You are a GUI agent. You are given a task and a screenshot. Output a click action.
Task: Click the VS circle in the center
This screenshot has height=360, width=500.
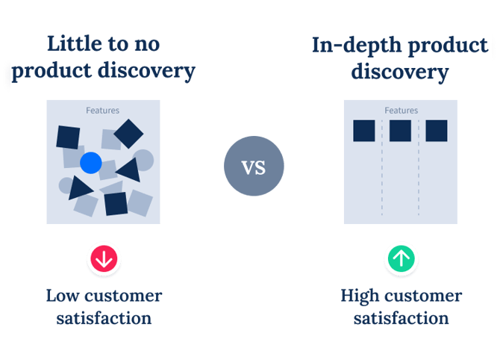click(254, 167)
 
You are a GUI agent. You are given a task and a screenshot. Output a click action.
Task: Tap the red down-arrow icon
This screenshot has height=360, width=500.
click(104, 258)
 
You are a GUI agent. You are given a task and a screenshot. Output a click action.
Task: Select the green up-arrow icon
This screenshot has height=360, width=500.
click(401, 258)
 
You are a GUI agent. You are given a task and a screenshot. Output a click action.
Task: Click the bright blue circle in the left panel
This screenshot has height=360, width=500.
click(90, 162)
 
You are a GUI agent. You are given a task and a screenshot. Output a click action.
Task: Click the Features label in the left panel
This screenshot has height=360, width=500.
click(102, 111)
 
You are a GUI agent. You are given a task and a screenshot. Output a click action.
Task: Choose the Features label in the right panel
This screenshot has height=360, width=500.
click(401, 111)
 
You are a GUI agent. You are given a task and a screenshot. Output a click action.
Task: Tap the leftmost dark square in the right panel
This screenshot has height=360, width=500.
click(364, 131)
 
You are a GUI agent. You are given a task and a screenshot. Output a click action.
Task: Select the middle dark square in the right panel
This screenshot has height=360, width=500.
click(400, 131)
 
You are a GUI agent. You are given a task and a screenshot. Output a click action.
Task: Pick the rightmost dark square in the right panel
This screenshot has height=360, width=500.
click(436, 131)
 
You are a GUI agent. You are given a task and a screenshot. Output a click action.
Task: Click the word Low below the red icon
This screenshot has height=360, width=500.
click(63, 295)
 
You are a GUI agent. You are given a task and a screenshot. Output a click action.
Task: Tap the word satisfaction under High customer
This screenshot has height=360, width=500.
click(401, 318)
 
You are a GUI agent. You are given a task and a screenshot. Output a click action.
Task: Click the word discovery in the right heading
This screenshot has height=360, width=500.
click(400, 72)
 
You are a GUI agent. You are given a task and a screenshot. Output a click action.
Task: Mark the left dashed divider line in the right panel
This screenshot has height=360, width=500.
click(382, 172)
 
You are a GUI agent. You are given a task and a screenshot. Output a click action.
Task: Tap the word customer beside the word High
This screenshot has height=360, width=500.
click(424, 295)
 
